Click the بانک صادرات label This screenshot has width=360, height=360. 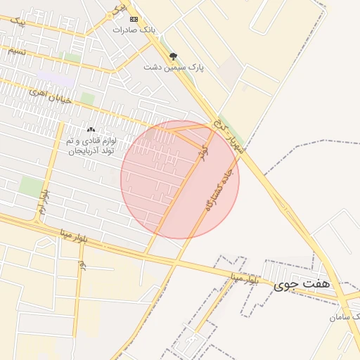coord(133,30)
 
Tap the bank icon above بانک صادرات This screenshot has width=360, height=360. coord(134,19)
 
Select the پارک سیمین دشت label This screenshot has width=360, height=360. coord(174,67)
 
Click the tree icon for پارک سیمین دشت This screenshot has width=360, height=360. coord(174,56)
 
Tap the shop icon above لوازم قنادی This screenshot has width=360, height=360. coord(91,130)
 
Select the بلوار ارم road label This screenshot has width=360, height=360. coord(44,202)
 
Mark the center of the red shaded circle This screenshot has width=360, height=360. coord(180,179)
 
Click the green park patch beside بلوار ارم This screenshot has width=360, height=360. coord(30,187)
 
